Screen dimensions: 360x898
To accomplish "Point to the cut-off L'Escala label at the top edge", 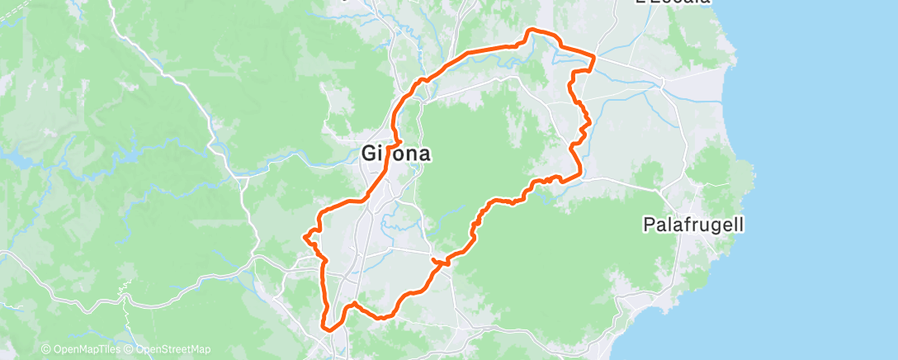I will [x=673, y=2].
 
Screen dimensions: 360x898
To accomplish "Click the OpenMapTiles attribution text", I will [x=86, y=349].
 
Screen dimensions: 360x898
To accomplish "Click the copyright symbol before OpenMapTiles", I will [x=45, y=349].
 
